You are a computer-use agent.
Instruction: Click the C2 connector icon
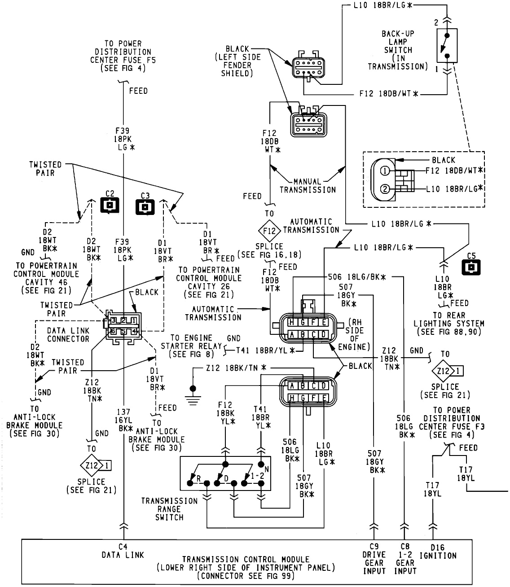(110, 205)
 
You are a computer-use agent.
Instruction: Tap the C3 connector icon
(145, 207)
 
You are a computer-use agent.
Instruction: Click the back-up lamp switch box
(447, 46)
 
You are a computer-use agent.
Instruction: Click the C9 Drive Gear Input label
(374, 558)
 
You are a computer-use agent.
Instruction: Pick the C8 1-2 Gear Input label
(405, 558)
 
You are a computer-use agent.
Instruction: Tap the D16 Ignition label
(437, 551)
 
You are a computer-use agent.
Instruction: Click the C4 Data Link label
(123, 551)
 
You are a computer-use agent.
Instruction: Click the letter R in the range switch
(198, 479)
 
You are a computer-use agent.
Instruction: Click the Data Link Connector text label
(68, 334)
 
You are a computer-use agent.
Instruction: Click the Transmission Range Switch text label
(169, 509)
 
